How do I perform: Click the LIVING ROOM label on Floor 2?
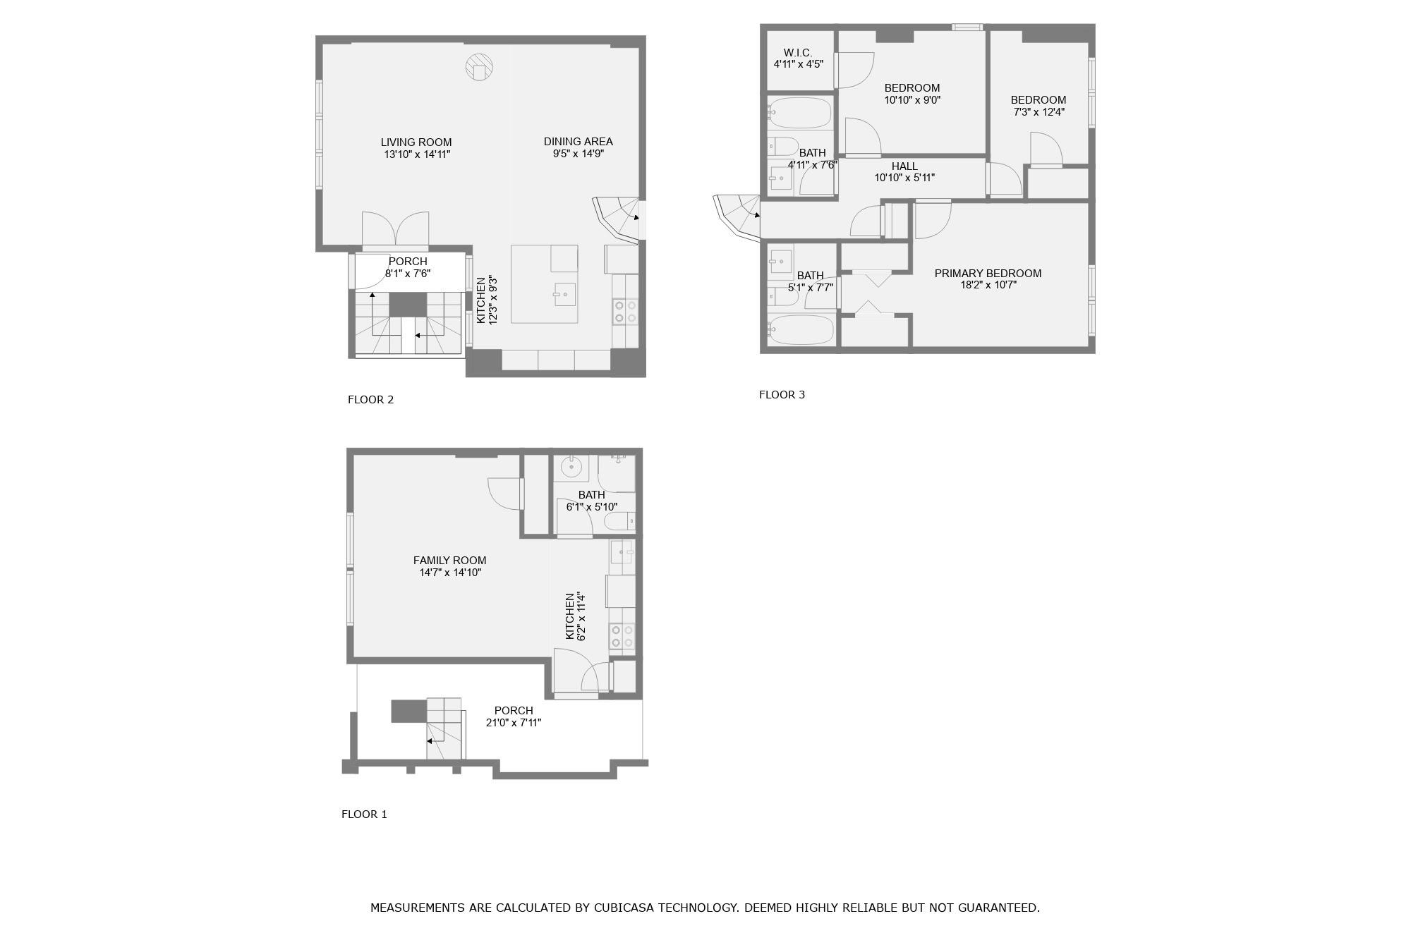pos(416,142)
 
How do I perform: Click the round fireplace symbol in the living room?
pos(479,68)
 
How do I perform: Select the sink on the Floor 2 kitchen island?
pos(564,294)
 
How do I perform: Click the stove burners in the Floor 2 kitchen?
pos(625,312)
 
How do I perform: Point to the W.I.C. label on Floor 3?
pos(798,53)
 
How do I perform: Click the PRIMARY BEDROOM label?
pos(988,274)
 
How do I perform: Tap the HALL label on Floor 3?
pos(904,166)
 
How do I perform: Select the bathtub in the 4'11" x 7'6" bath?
pos(800,113)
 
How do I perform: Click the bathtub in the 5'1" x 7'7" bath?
pos(801,329)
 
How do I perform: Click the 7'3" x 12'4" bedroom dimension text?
pos(1038,112)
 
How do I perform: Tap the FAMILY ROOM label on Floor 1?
pos(449,561)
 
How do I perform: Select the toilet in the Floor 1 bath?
pos(620,522)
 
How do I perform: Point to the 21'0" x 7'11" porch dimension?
pos(514,723)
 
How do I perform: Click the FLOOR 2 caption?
pos(370,400)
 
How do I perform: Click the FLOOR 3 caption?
pos(782,395)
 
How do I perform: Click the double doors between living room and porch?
pos(395,230)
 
